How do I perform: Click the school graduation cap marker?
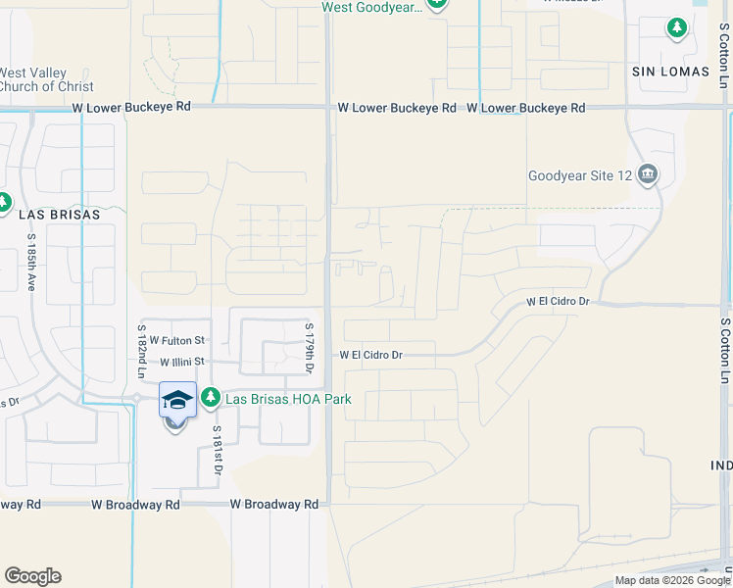[177, 400]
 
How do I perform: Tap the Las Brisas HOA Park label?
[288, 399]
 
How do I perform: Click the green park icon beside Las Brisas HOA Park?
[210, 397]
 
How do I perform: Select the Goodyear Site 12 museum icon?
[647, 176]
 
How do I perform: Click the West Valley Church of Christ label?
[46, 79]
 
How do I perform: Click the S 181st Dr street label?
[218, 452]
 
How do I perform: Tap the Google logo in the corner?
[33, 576]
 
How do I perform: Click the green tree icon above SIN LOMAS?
[676, 27]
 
